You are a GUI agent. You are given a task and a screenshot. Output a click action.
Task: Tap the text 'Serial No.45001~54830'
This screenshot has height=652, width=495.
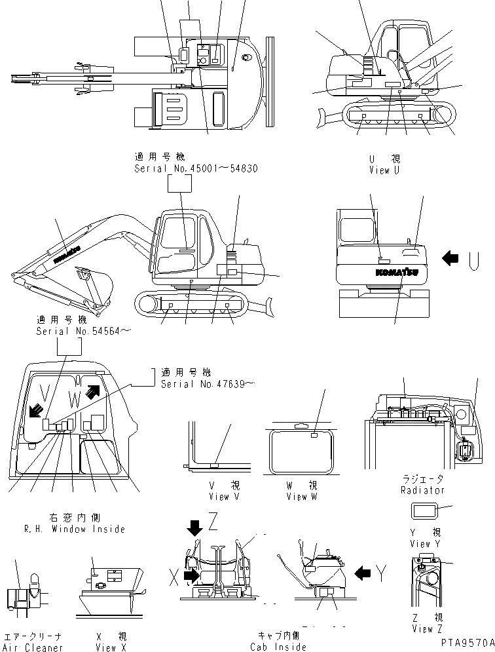pyautogui.click(x=196, y=168)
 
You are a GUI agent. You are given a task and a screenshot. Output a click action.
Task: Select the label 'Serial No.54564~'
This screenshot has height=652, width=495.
pyautogui.click(x=83, y=332)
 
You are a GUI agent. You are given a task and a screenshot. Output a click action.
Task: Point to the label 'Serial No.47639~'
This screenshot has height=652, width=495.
pyautogui.click(x=207, y=383)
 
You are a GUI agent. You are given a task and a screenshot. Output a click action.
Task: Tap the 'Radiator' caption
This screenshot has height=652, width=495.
pyautogui.click(x=422, y=489)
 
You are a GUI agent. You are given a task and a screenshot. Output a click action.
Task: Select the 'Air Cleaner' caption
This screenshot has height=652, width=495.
pyautogui.click(x=33, y=647)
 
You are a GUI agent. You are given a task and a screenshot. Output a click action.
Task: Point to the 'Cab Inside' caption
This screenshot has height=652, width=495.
pyautogui.click(x=278, y=647)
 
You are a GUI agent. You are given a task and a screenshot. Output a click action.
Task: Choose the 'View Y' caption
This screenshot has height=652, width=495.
pyautogui.click(x=420, y=543)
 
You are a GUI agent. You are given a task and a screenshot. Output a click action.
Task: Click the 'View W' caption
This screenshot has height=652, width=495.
pyautogui.click(x=302, y=496)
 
